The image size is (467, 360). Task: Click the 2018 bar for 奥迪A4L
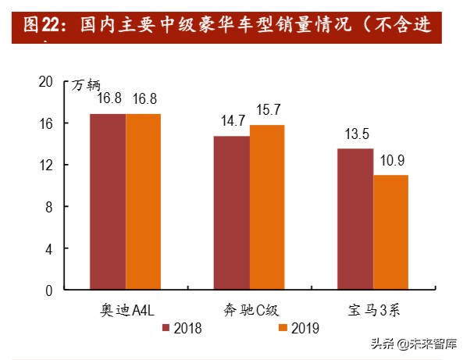click(x=108, y=201)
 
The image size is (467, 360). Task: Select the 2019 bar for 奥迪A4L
click(x=143, y=201)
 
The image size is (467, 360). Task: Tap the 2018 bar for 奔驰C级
click(x=232, y=212)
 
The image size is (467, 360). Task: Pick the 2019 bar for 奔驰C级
click(x=267, y=207)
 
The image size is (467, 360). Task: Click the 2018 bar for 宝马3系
click(x=355, y=219)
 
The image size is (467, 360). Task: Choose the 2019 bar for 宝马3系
click(x=390, y=232)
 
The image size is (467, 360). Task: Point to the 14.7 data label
click(x=232, y=121)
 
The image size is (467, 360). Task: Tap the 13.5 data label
click(x=355, y=133)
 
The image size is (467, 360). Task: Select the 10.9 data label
click(x=391, y=160)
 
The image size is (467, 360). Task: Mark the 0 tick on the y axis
click(x=48, y=290)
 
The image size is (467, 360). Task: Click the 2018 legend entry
click(x=183, y=329)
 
